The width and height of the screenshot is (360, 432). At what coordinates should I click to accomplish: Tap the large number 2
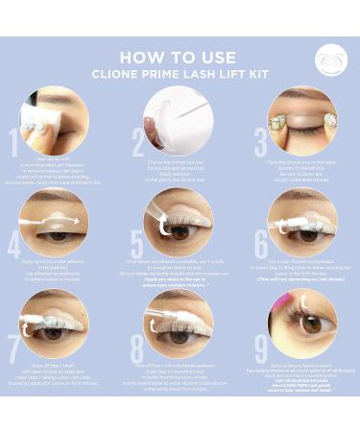pos(137,144)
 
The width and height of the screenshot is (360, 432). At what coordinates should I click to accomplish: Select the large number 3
pos(260,144)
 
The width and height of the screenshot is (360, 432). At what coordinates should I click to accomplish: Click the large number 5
pos(137,246)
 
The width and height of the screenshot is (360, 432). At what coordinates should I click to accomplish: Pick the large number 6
pos(260,246)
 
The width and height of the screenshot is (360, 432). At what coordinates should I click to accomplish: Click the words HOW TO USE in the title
pos(180,54)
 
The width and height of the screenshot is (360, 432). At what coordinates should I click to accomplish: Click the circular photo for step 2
pos(180,120)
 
